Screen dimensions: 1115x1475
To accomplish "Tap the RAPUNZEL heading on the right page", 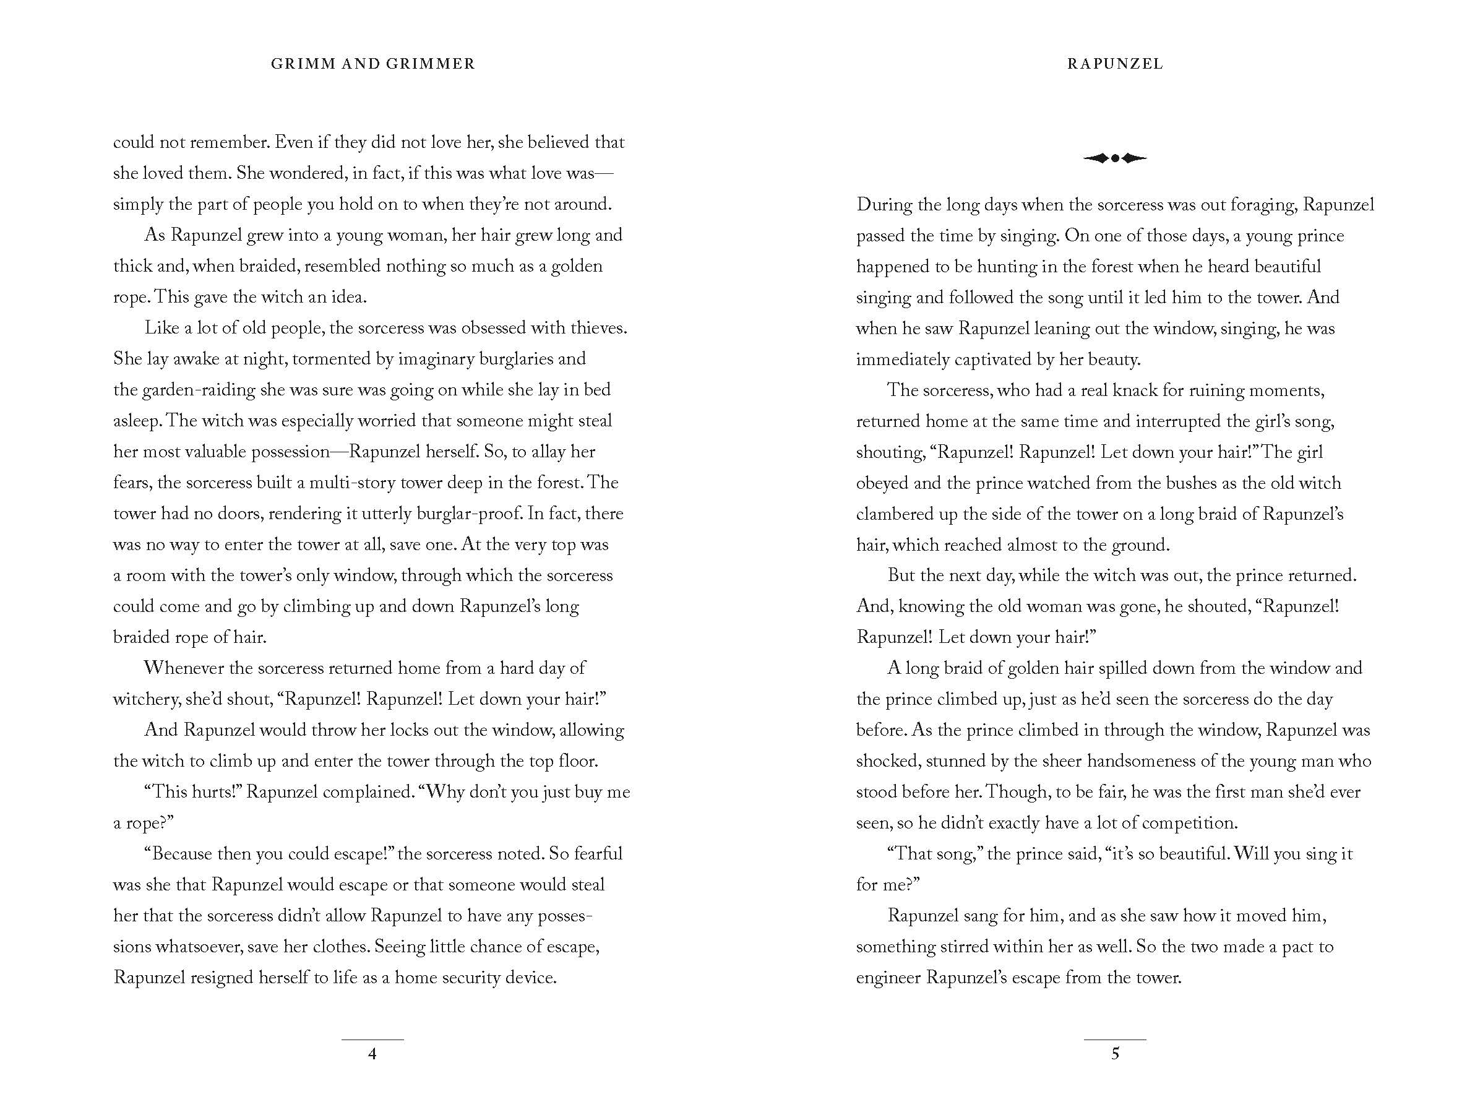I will pos(1115,64).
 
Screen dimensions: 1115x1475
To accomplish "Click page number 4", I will pos(372,1054).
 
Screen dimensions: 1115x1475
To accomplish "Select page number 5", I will pos(1115,1054).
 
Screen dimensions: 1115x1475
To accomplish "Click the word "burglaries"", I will pos(499,359).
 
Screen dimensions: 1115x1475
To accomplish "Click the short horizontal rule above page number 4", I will pos(372,1040).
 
